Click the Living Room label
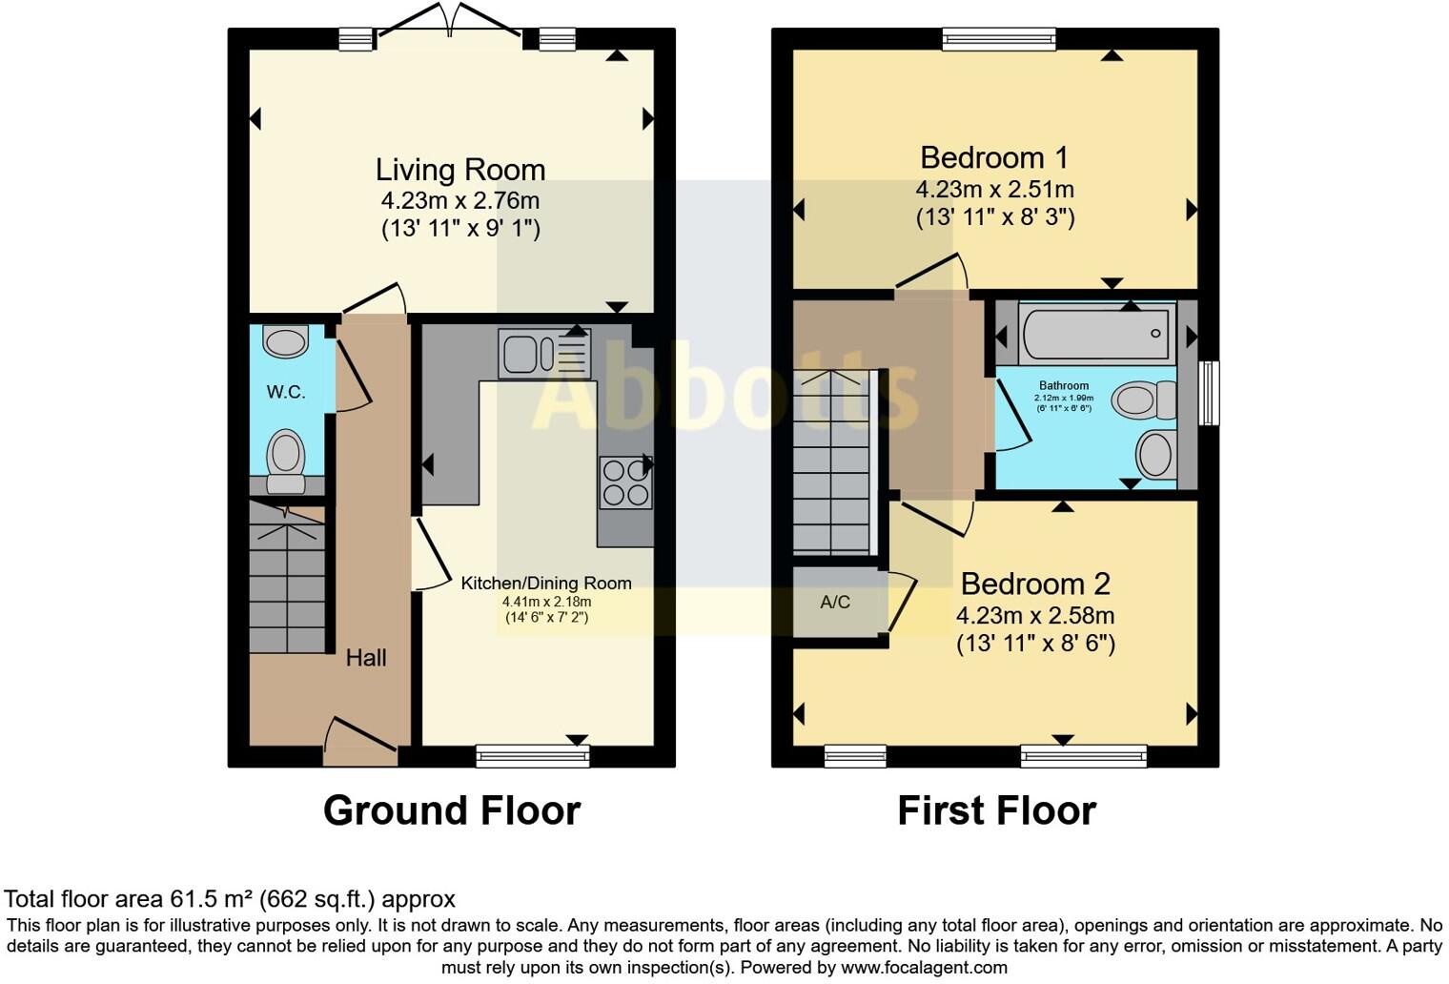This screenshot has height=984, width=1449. pos(459,170)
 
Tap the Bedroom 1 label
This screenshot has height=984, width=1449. pos(994,157)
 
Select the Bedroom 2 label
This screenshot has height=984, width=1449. pos(1035,584)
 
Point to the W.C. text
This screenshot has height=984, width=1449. pos(286,392)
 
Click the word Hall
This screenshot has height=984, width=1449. pos(366,658)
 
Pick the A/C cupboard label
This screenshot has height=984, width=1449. pos(835,603)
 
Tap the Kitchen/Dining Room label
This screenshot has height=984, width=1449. pos(546,584)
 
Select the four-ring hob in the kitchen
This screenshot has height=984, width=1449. pos(625,482)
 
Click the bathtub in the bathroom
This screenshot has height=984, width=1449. pos(1096,334)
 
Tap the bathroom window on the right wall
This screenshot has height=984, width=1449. pos(1208,392)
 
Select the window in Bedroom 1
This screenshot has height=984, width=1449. pos(999,39)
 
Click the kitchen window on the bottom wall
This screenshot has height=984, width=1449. pos(533,756)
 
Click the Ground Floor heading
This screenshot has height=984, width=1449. pos(452,810)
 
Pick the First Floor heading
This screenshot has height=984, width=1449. pos(996,810)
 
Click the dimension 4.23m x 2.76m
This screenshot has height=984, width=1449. pos(459,201)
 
